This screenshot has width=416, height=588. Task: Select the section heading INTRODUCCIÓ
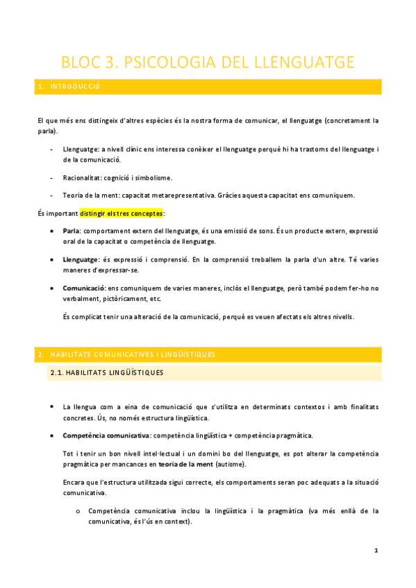click(75, 86)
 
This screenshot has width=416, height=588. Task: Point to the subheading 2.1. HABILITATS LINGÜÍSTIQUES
click(106, 373)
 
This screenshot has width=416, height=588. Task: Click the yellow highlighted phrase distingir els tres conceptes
click(122, 213)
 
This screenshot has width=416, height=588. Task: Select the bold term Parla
click(72, 230)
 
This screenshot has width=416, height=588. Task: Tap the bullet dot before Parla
click(53, 230)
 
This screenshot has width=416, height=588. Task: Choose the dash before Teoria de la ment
click(53, 196)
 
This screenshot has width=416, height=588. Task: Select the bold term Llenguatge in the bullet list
click(81, 259)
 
